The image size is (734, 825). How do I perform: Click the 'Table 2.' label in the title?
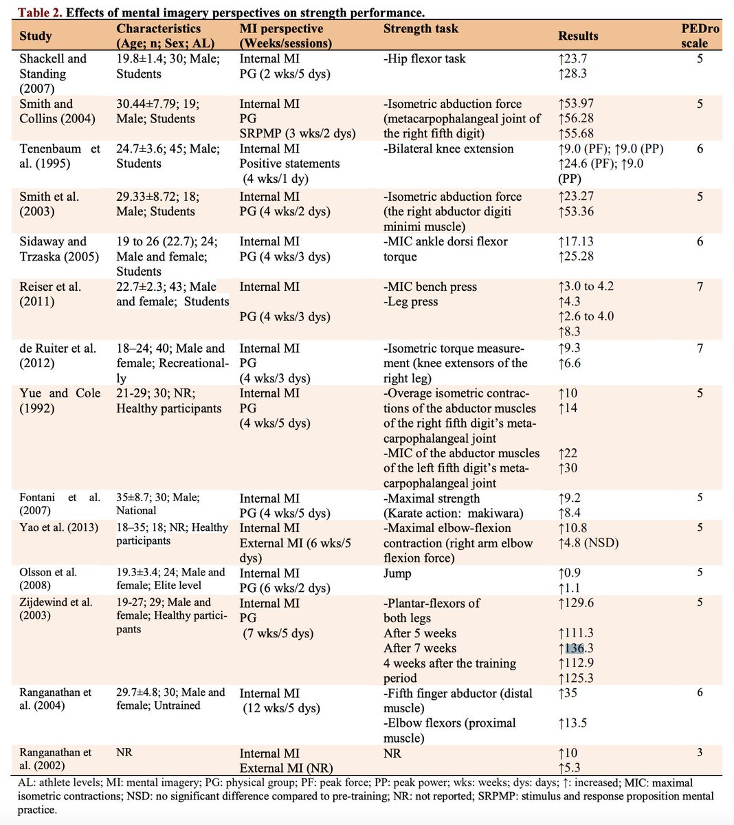pyautogui.click(x=40, y=12)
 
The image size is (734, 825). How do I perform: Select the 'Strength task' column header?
pyautogui.click(x=421, y=28)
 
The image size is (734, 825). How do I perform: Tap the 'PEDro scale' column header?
pyautogui.click(x=700, y=36)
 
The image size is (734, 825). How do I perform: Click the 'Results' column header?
pyautogui.click(x=578, y=36)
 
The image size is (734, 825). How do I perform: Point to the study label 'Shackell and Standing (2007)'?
pyautogui.click(x=53, y=74)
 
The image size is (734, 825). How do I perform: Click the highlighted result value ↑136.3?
pyautogui.click(x=576, y=648)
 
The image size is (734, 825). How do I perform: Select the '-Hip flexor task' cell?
pyautogui.click(x=424, y=58)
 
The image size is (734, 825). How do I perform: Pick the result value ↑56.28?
pyautogui.click(x=576, y=118)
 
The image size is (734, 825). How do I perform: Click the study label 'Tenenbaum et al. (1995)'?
pyautogui.click(x=59, y=156)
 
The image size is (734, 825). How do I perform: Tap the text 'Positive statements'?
pyautogui.click(x=289, y=164)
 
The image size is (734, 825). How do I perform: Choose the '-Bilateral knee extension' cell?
pyautogui.click(x=448, y=148)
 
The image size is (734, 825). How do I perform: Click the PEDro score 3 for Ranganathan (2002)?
pyautogui.click(x=700, y=752)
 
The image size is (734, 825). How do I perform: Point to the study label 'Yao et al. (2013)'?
pyautogui.click(x=58, y=527)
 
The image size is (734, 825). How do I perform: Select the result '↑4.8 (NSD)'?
pyautogui.click(x=588, y=543)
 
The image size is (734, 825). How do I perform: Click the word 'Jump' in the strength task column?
pyautogui.click(x=397, y=573)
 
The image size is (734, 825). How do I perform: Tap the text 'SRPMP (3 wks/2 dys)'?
pyautogui.click(x=298, y=133)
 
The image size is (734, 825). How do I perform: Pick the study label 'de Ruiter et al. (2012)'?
pyautogui.click(x=58, y=355)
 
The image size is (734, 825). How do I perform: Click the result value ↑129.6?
pyautogui.click(x=576, y=603)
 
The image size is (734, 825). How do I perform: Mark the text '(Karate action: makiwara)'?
pyautogui.click(x=453, y=513)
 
